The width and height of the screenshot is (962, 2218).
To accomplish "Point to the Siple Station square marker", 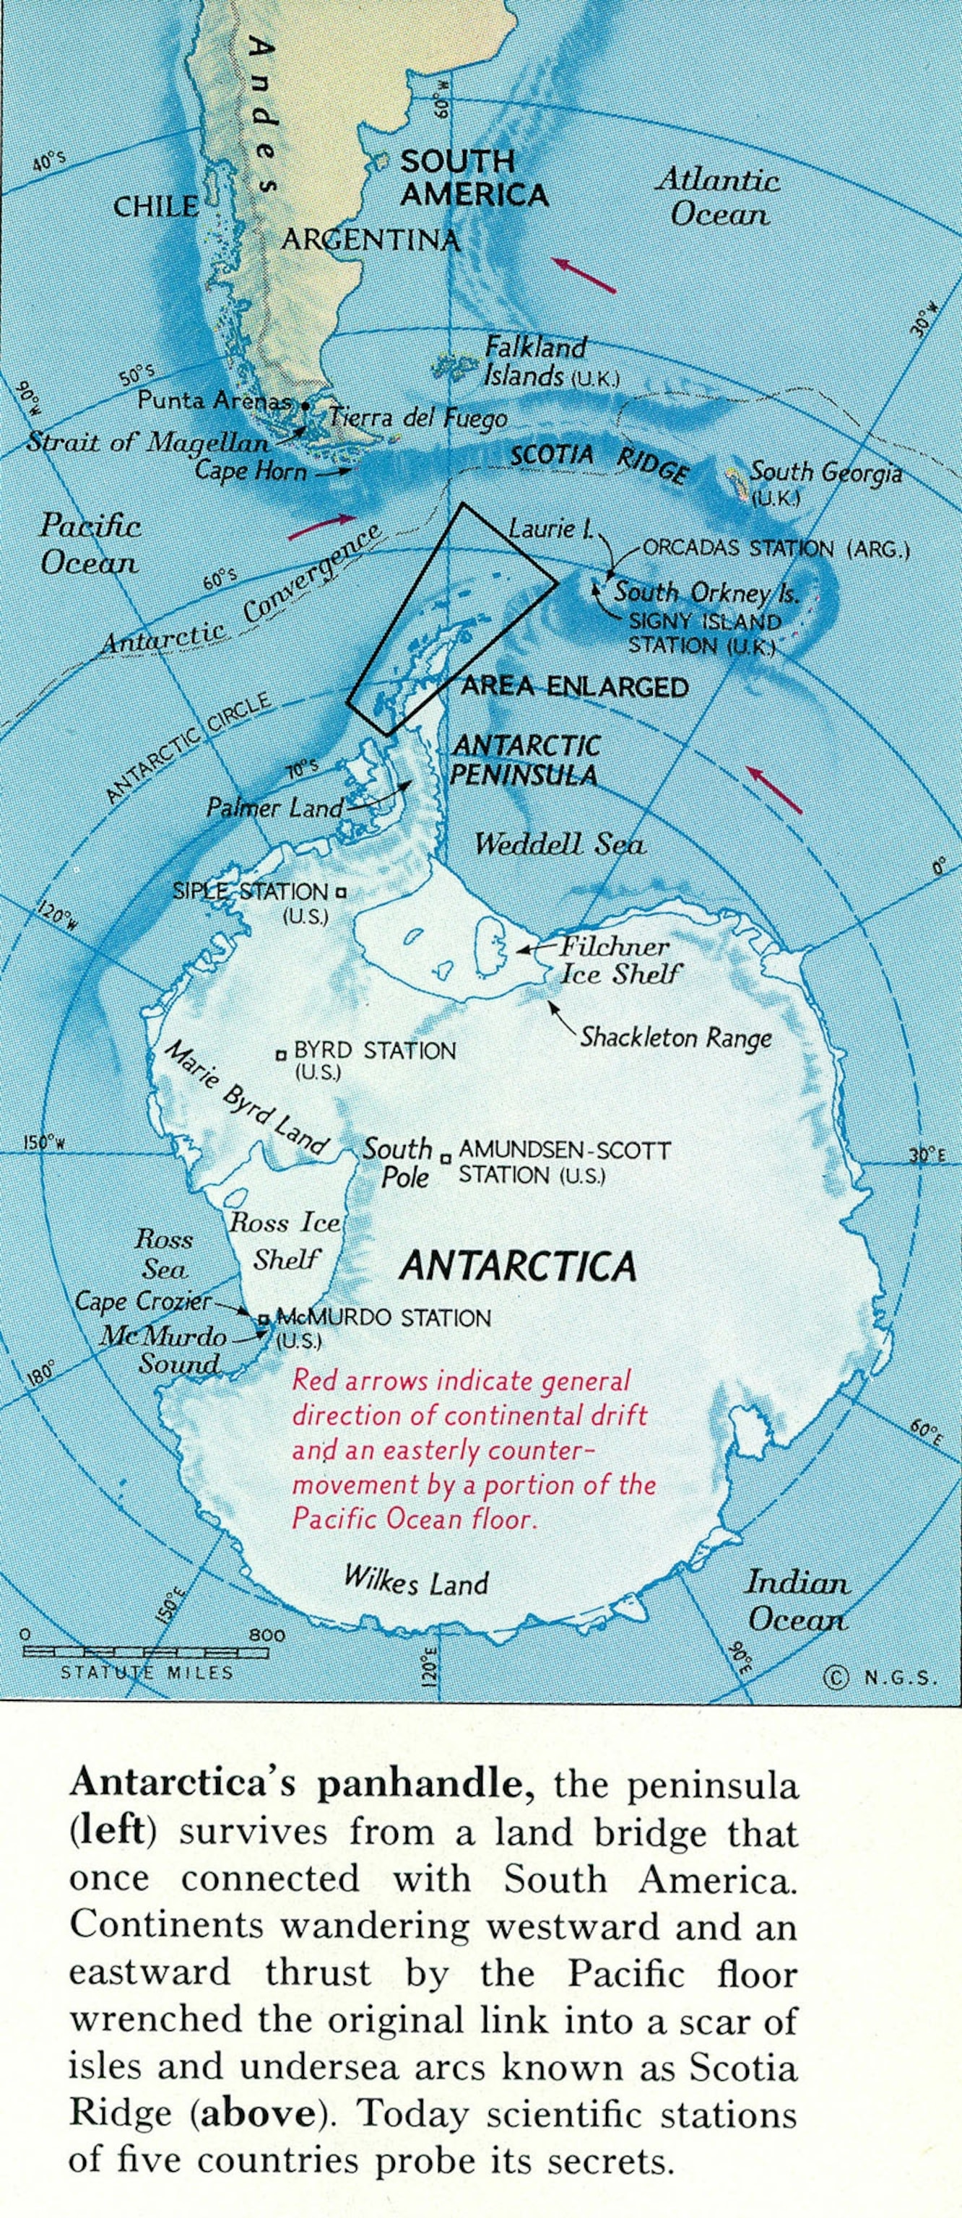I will click(341, 893).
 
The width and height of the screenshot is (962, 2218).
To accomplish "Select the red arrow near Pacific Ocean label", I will click(321, 525).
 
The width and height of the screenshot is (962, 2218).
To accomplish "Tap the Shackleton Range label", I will click(675, 1038).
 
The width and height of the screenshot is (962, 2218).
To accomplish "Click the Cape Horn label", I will click(251, 471).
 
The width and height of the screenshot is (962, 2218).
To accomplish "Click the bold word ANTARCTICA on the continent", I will click(519, 1266).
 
